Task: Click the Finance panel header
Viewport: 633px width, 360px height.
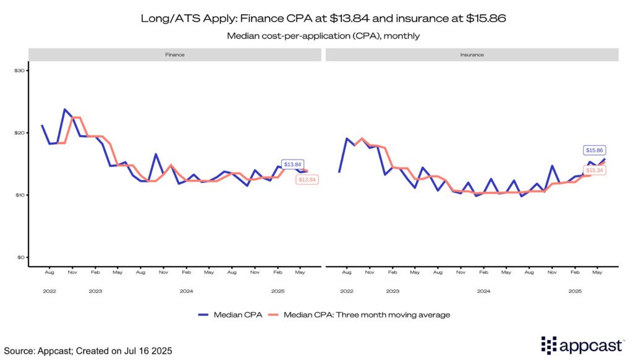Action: pos(175,54)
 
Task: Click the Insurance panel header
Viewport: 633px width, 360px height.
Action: pos(472,54)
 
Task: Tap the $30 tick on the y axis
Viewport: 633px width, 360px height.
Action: pos(19,71)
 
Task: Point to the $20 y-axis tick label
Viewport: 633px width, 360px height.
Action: pos(19,133)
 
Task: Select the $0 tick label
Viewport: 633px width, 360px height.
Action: pos(20,257)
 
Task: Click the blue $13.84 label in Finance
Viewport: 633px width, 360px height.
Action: pos(292,165)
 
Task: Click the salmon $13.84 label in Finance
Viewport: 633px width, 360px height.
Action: pos(307,179)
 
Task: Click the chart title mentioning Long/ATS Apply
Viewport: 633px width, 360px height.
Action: pos(316,19)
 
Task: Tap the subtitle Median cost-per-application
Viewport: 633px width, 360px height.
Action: pos(316,36)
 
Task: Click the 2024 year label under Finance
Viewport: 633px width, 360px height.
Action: pos(186,291)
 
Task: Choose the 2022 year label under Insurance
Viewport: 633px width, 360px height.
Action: pos(347,291)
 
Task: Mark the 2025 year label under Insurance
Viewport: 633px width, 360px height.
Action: pos(575,291)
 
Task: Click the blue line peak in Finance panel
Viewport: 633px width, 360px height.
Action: pos(64,109)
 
